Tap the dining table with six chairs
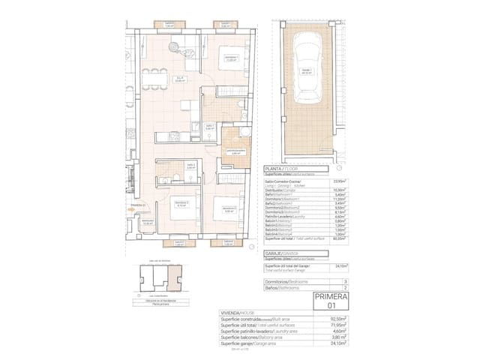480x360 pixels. pos(155,79)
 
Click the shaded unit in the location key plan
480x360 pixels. pos(175,280)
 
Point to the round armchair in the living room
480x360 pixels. pos(175,46)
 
